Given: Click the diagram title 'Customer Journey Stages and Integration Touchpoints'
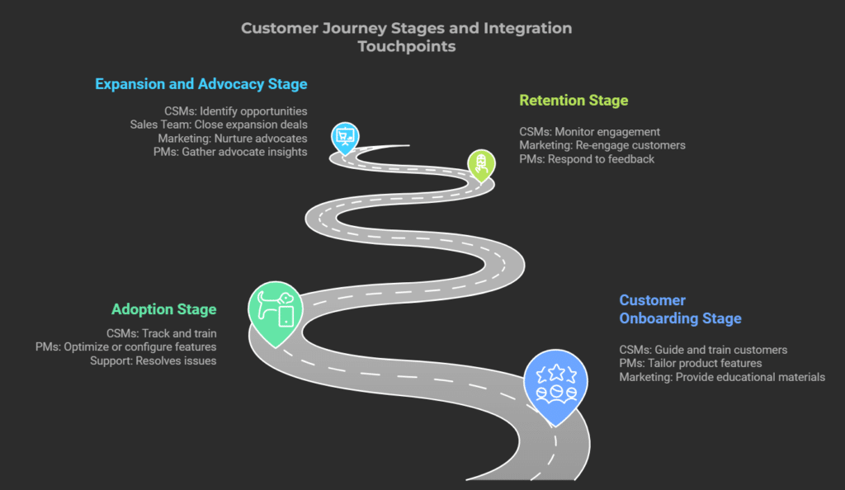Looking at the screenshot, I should [x=406, y=37].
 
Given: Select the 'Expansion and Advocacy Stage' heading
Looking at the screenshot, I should [x=201, y=84].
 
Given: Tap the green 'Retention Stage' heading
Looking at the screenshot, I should [x=574, y=101].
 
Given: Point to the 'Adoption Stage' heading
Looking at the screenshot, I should [x=163, y=309].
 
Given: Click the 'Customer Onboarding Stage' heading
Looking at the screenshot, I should [x=680, y=309].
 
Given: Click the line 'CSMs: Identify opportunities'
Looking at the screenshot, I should [x=236, y=111].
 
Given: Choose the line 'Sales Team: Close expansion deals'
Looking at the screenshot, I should [x=219, y=125].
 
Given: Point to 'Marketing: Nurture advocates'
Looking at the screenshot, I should [x=233, y=138].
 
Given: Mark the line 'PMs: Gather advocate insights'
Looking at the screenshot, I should [x=230, y=151].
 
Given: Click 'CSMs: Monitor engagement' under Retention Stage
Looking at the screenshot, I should [x=589, y=132].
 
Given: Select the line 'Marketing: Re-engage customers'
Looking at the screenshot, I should [x=602, y=145].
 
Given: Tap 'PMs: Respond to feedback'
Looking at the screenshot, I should [x=586, y=158].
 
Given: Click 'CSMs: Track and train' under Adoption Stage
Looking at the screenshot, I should [x=161, y=334].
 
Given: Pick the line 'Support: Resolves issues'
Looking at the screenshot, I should [x=153, y=360].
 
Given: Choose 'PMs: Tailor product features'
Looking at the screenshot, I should [x=690, y=363].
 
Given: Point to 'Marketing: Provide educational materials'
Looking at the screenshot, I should [x=722, y=377].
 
